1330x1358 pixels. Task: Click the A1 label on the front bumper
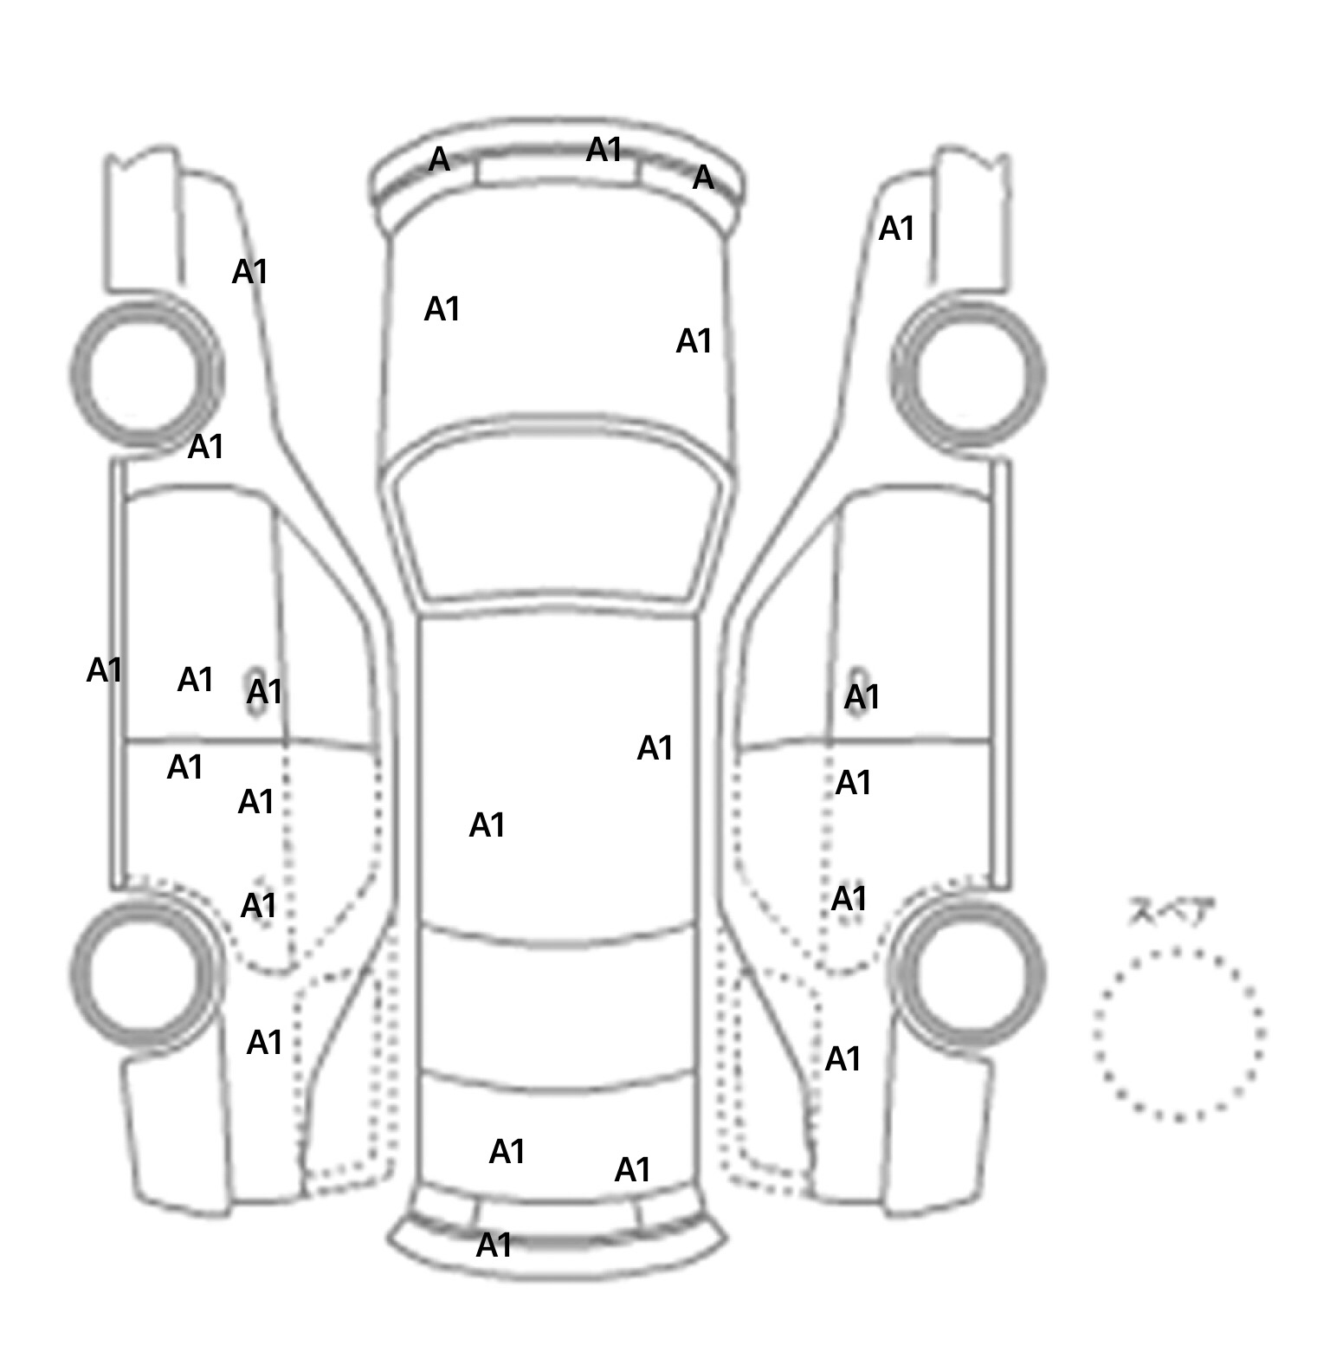[604, 150]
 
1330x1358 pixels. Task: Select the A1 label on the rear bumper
[494, 1245]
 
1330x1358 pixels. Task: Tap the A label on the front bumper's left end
[439, 159]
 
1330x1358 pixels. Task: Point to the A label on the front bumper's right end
[703, 178]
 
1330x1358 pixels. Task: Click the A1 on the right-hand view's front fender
[896, 229]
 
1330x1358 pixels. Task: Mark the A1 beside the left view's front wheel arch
[206, 447]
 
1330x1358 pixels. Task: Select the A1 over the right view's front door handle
[862, 696]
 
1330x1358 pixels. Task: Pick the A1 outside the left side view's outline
[105, 670]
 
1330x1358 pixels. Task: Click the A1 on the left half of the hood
[442, 309]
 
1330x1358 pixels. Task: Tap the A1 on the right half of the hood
[694, 341]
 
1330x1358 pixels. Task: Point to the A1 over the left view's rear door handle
[258, 906]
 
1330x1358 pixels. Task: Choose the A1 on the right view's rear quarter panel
[843, 1059]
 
